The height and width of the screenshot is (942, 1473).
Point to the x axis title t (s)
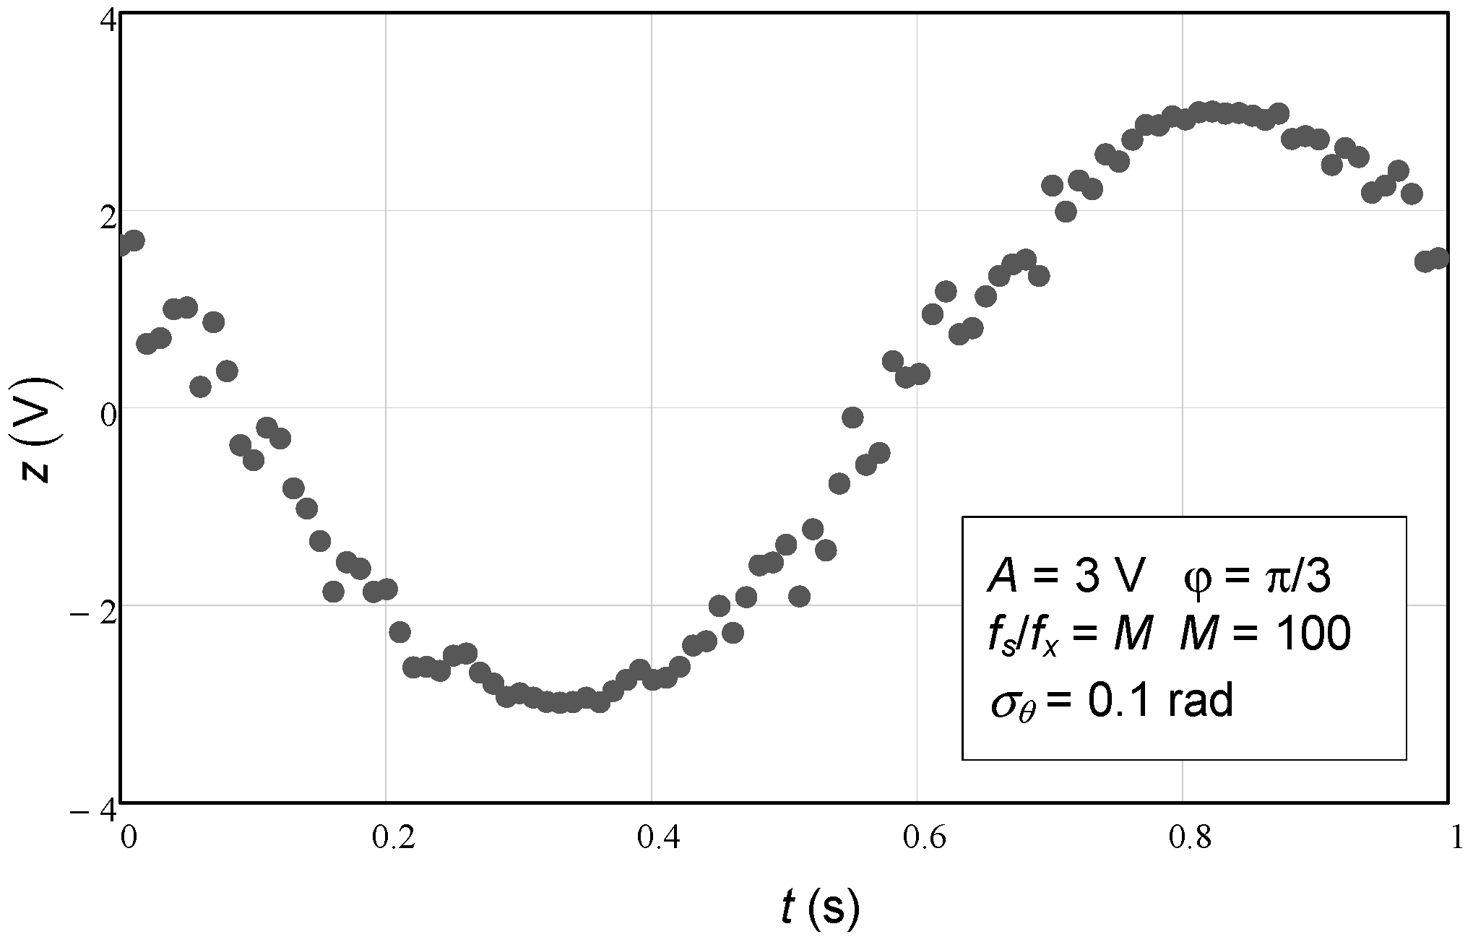tap(821, 907)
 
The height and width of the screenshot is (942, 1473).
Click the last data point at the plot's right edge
tap(1438, 258)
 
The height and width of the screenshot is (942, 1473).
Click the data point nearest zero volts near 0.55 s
tap(853, 417)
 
